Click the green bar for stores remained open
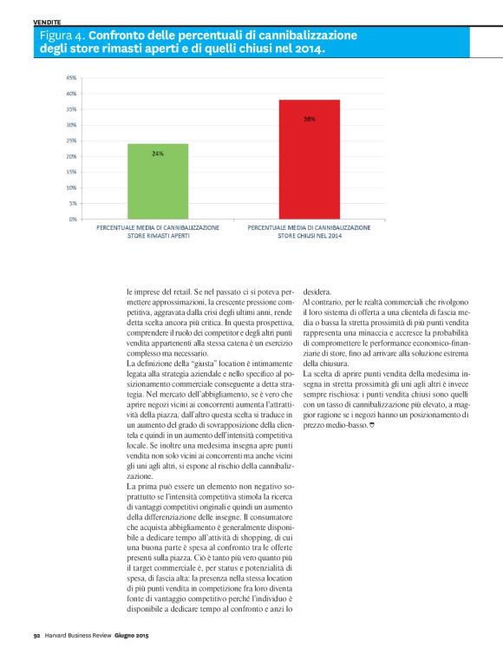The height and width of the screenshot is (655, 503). (158, 181)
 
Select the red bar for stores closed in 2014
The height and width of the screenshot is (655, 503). (309, 160)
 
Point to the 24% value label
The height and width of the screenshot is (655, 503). (158, 153)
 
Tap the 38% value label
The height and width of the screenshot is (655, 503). (309, 119)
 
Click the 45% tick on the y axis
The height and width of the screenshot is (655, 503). (70, 78)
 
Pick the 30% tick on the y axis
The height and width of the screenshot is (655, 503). (70, 125)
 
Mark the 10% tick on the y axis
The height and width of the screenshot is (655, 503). (70, 187)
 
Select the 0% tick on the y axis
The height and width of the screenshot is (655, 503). (72, 219)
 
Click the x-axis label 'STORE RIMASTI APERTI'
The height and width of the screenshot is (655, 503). (158, 234)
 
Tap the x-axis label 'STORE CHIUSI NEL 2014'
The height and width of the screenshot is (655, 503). (310, 234)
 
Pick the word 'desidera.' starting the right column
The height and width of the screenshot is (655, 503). (318, 292)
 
